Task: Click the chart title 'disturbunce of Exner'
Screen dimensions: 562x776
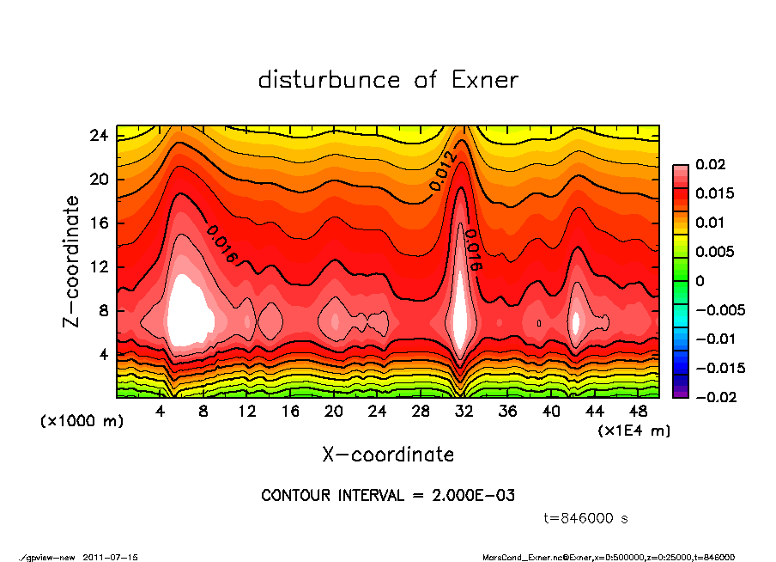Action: coord(388,80)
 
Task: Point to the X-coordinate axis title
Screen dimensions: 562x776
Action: coord(388,454)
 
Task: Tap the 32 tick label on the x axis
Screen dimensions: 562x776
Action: coord(464,411)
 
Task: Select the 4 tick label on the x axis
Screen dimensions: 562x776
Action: coord(160,411)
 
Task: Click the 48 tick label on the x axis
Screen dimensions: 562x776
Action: coord(638,411)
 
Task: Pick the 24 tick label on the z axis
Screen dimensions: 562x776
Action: coord(99,136)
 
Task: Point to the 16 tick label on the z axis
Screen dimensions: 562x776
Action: coord(99,223)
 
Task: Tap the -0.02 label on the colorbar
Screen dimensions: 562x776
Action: coord(714,397)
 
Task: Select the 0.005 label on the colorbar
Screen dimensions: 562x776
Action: coord(714,252)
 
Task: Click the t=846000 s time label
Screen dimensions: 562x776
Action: coord(586,518)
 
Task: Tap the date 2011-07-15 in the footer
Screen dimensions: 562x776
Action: coord(111,557)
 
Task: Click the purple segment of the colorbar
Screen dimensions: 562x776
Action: coord(680,392)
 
